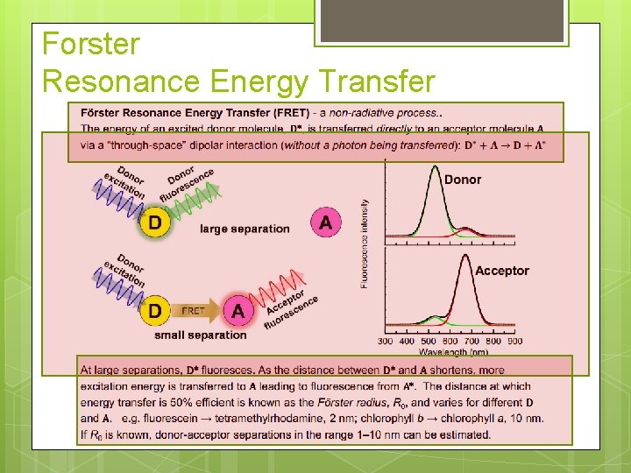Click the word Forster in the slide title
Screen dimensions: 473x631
(x=90, y=44)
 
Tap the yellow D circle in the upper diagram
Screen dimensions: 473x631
(x=155, y=222)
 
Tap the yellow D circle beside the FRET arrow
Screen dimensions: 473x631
(x=155, y=310)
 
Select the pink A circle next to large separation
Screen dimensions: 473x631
(x=325, y=222)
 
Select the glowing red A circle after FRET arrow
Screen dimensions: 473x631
(x=237, y=310)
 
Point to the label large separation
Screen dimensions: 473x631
(x=245, y=229)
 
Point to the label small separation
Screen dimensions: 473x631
(x=201, y=335)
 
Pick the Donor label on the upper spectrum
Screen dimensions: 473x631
(x=463, y=180)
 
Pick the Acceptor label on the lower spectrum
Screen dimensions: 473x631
(x=501, y=271)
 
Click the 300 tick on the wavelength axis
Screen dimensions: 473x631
(x=386, y=341)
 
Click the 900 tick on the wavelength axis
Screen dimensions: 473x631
(x=515, y=341)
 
